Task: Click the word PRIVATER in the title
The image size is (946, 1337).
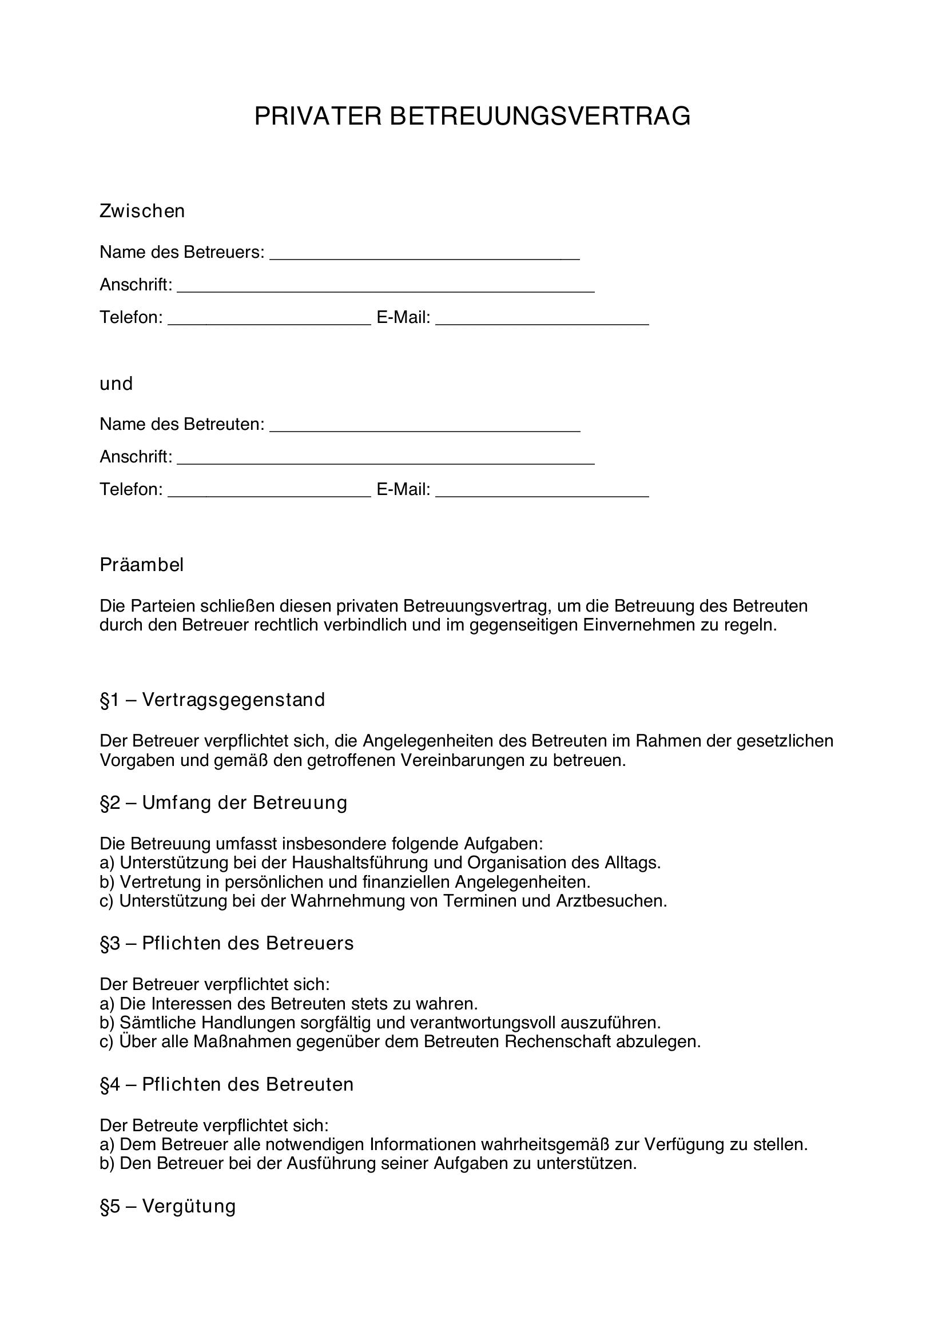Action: tap(317, 117)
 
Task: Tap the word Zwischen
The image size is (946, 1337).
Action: tap(142, 211)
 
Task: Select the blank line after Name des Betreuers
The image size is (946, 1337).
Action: tap(424, 256)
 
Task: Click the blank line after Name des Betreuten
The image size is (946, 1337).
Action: tap(424, 428)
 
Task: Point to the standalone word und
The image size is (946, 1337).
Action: tap(116, 384)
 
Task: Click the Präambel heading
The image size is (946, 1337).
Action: tap(141, 565)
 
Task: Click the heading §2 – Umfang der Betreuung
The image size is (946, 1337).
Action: tap(223, 803)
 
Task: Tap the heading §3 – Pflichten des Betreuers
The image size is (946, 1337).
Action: tap(226, 943)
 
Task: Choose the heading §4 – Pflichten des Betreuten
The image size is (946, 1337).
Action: tap(226, 1085)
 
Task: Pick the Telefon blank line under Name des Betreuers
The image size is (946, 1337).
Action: tap(269, 321)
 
